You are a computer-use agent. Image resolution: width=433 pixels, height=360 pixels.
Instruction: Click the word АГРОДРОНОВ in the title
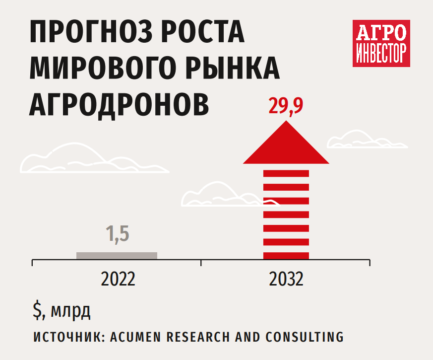click(120, 102)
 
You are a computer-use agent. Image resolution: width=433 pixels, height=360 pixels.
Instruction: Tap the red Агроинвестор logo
click(381, 43)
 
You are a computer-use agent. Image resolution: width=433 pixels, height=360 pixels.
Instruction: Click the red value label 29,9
click(286, 106)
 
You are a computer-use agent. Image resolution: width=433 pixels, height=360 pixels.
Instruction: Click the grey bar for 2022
click(117, 255)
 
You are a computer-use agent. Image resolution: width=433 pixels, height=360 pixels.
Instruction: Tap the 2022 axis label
click(118, 280)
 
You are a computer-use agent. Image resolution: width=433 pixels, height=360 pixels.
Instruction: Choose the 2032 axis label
click(286, 280)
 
